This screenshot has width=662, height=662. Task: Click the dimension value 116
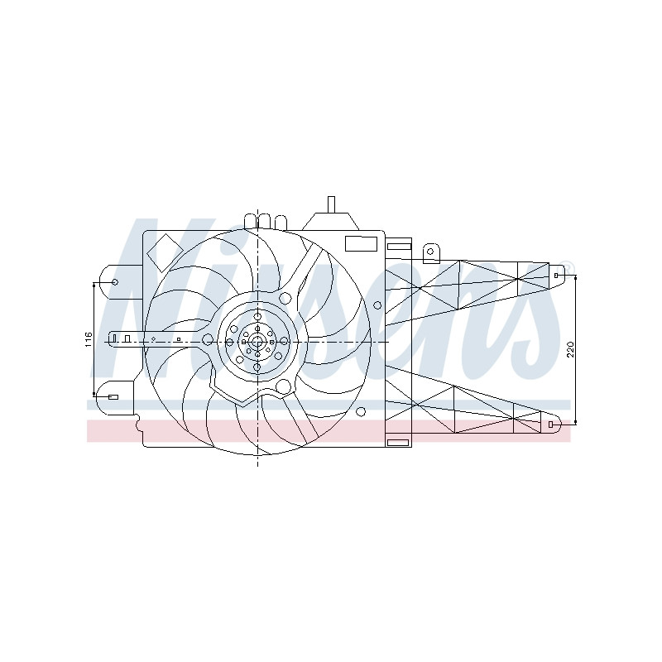click(x=88, y=340)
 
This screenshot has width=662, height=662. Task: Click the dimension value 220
click(x=570, y=349)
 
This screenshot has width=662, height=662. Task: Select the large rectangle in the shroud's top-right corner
click(x=361, y=244)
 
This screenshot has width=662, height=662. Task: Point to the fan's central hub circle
click(x=257, y=341)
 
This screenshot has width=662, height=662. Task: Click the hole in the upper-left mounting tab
click(x=114, y=282)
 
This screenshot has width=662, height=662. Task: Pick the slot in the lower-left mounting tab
click(x=113, y=397)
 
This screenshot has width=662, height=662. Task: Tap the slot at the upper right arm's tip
click(x=556, y=276)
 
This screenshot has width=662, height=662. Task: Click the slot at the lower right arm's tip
click(x=550, y=425)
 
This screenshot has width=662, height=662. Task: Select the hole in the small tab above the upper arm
click(x=430, y=252)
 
